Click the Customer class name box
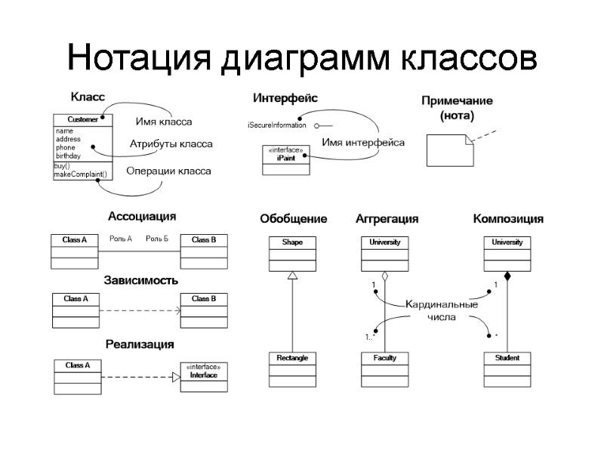tap(82, 119)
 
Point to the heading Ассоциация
tap(142, 217)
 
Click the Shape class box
tap(292, 253)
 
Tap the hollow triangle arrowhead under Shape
tap(292, 276)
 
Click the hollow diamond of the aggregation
tap(385, 276)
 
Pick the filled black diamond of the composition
tap(507, 276)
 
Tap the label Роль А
tap(121, 239)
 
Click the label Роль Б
tap(157, 239)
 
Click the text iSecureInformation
tap(276, 125)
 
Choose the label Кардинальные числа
tap(442, 311)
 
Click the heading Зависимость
tap(142, 280)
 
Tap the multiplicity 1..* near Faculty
tap(371, 337)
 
